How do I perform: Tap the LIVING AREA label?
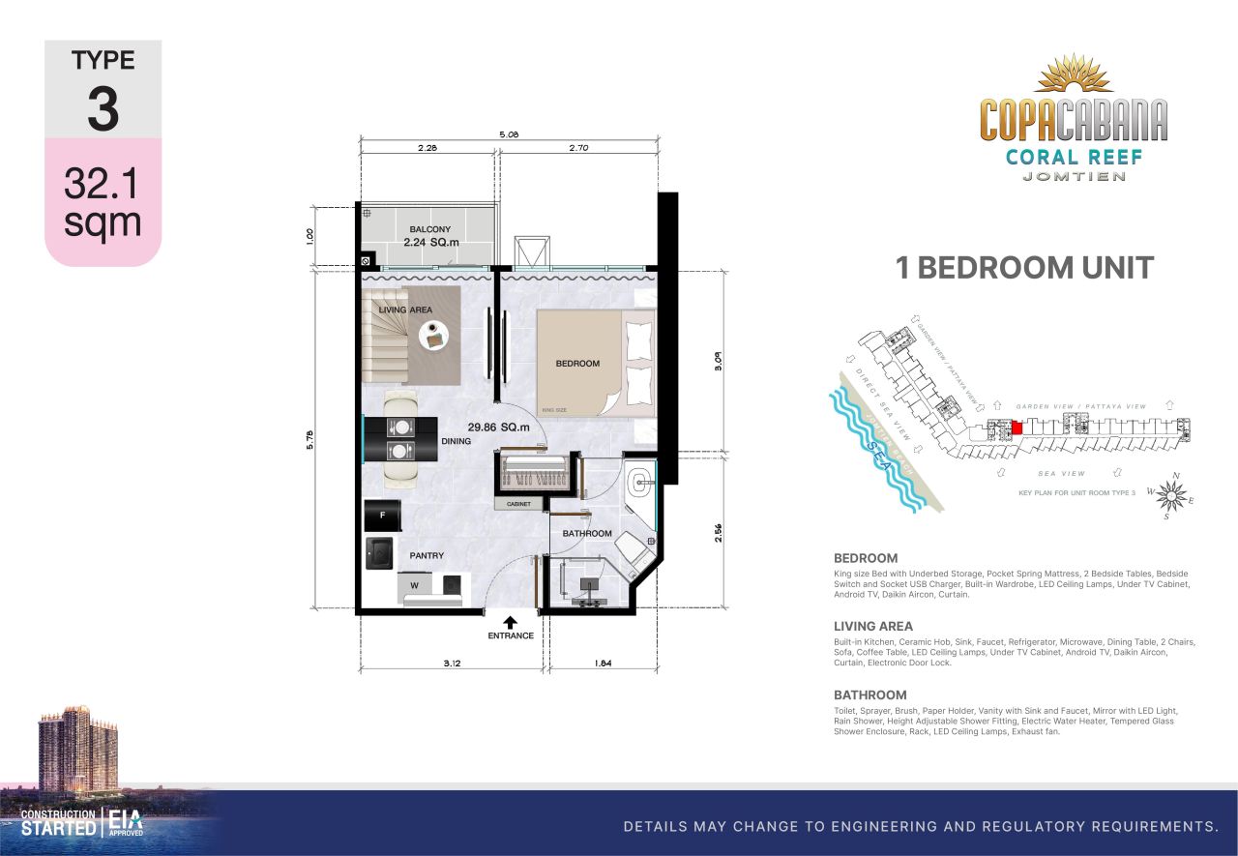(405, 310)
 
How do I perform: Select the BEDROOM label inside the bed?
(577, 364)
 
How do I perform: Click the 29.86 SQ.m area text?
(499, 427)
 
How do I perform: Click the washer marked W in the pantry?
(415, 584)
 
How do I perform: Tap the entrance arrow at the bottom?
(510, 623)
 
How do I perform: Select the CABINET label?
(519, 504)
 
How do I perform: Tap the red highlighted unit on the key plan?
(1017, 428)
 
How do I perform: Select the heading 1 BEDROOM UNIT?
(1025, 268)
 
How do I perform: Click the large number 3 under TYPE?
(103, 109)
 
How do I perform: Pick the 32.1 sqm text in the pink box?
(103, 201)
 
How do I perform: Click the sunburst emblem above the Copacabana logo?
(1073, 76)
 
